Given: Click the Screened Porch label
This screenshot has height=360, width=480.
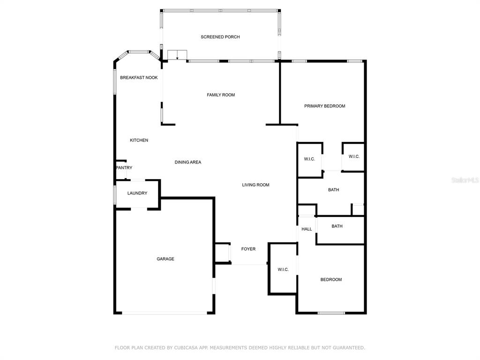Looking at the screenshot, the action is pos(220,37).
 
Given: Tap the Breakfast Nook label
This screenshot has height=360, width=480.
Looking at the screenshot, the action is pos(139,77).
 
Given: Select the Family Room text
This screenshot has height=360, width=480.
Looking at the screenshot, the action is pos(221,95).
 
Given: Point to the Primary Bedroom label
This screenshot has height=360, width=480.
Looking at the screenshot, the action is pos(324,106).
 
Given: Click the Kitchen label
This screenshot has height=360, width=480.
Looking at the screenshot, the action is pos(139,140).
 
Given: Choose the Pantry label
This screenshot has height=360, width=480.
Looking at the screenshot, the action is pos(124,168).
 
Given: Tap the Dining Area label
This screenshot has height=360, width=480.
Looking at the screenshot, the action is pos(188,162).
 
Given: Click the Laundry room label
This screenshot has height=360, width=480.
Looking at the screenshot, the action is pos(137,193).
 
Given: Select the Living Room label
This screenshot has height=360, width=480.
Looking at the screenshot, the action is pos(255,185).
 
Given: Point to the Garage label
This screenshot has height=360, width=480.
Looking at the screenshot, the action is pos(165,259).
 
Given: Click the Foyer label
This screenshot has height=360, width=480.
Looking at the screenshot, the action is pos(248,249).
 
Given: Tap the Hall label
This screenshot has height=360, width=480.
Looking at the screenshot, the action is pos(307,229).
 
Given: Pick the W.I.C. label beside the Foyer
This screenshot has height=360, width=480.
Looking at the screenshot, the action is pos(283,270).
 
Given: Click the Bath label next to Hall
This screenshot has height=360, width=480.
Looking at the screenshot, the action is pos(337,226).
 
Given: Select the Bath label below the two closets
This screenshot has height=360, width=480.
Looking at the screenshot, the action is pos(333,190).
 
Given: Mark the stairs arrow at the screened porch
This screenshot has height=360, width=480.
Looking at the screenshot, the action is pos(177,56).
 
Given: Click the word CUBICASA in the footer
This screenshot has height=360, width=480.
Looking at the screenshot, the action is pos(185,348).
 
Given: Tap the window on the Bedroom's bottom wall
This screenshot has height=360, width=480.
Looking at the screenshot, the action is pos(331,313).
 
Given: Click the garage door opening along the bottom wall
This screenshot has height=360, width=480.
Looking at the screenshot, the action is pos(165,313).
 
